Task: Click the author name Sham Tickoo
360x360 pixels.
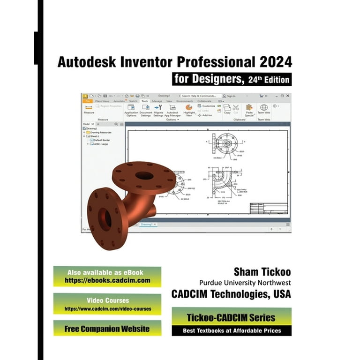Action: coord(262,272)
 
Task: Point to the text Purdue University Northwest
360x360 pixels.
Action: coord(245,283)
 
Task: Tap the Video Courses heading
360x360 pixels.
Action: coord(108,300)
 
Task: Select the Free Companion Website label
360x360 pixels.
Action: coord(107,328)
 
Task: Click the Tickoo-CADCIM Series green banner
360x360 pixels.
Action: coord(232,317)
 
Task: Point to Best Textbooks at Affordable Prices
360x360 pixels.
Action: coord(232,330)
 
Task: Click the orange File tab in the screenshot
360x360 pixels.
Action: coord(87,101)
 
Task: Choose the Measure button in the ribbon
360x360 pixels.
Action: coord(89,109)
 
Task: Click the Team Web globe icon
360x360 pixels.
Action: coord(264,108)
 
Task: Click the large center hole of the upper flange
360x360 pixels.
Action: coord(144,176)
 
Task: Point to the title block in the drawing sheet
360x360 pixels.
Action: coord(269,208)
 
